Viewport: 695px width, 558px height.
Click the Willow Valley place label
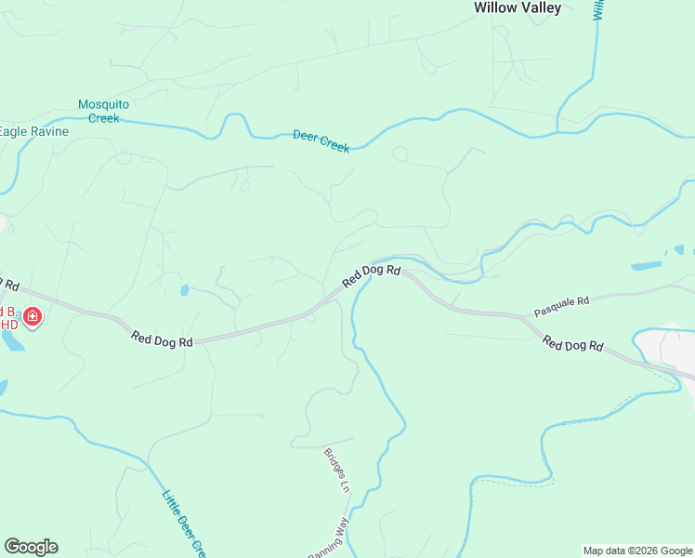518,7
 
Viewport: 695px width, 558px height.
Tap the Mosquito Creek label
103,111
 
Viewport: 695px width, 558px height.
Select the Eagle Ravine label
33,131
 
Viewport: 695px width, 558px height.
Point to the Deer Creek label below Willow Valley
321,140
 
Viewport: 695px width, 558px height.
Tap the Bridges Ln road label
336,471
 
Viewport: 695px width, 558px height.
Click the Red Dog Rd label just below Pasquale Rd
573,345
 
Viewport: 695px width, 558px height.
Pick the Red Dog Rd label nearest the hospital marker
162,339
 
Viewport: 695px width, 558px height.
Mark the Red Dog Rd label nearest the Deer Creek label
371,275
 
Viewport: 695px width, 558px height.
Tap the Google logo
31,547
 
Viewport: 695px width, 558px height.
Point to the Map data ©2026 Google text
636,551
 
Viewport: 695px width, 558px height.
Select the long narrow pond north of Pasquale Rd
646,266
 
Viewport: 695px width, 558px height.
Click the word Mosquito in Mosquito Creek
103,104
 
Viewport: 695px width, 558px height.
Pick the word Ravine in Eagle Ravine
49,131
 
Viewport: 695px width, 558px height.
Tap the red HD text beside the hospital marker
9,325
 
